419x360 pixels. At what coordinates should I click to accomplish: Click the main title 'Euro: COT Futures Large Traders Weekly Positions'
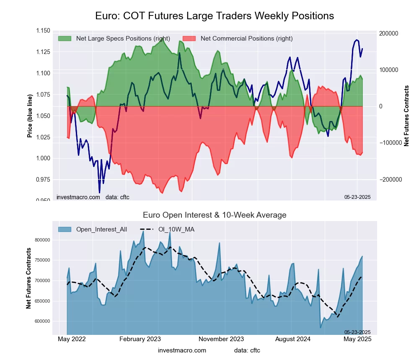point(215,16)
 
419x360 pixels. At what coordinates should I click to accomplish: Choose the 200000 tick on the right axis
point(388,33)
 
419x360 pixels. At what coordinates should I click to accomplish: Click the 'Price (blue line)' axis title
point(30,116)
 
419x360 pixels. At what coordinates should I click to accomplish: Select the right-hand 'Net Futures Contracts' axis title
point(406,116)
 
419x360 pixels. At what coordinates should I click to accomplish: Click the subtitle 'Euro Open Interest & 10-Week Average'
point(215,215)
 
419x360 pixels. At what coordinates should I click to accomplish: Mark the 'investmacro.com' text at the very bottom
point(182,350)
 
